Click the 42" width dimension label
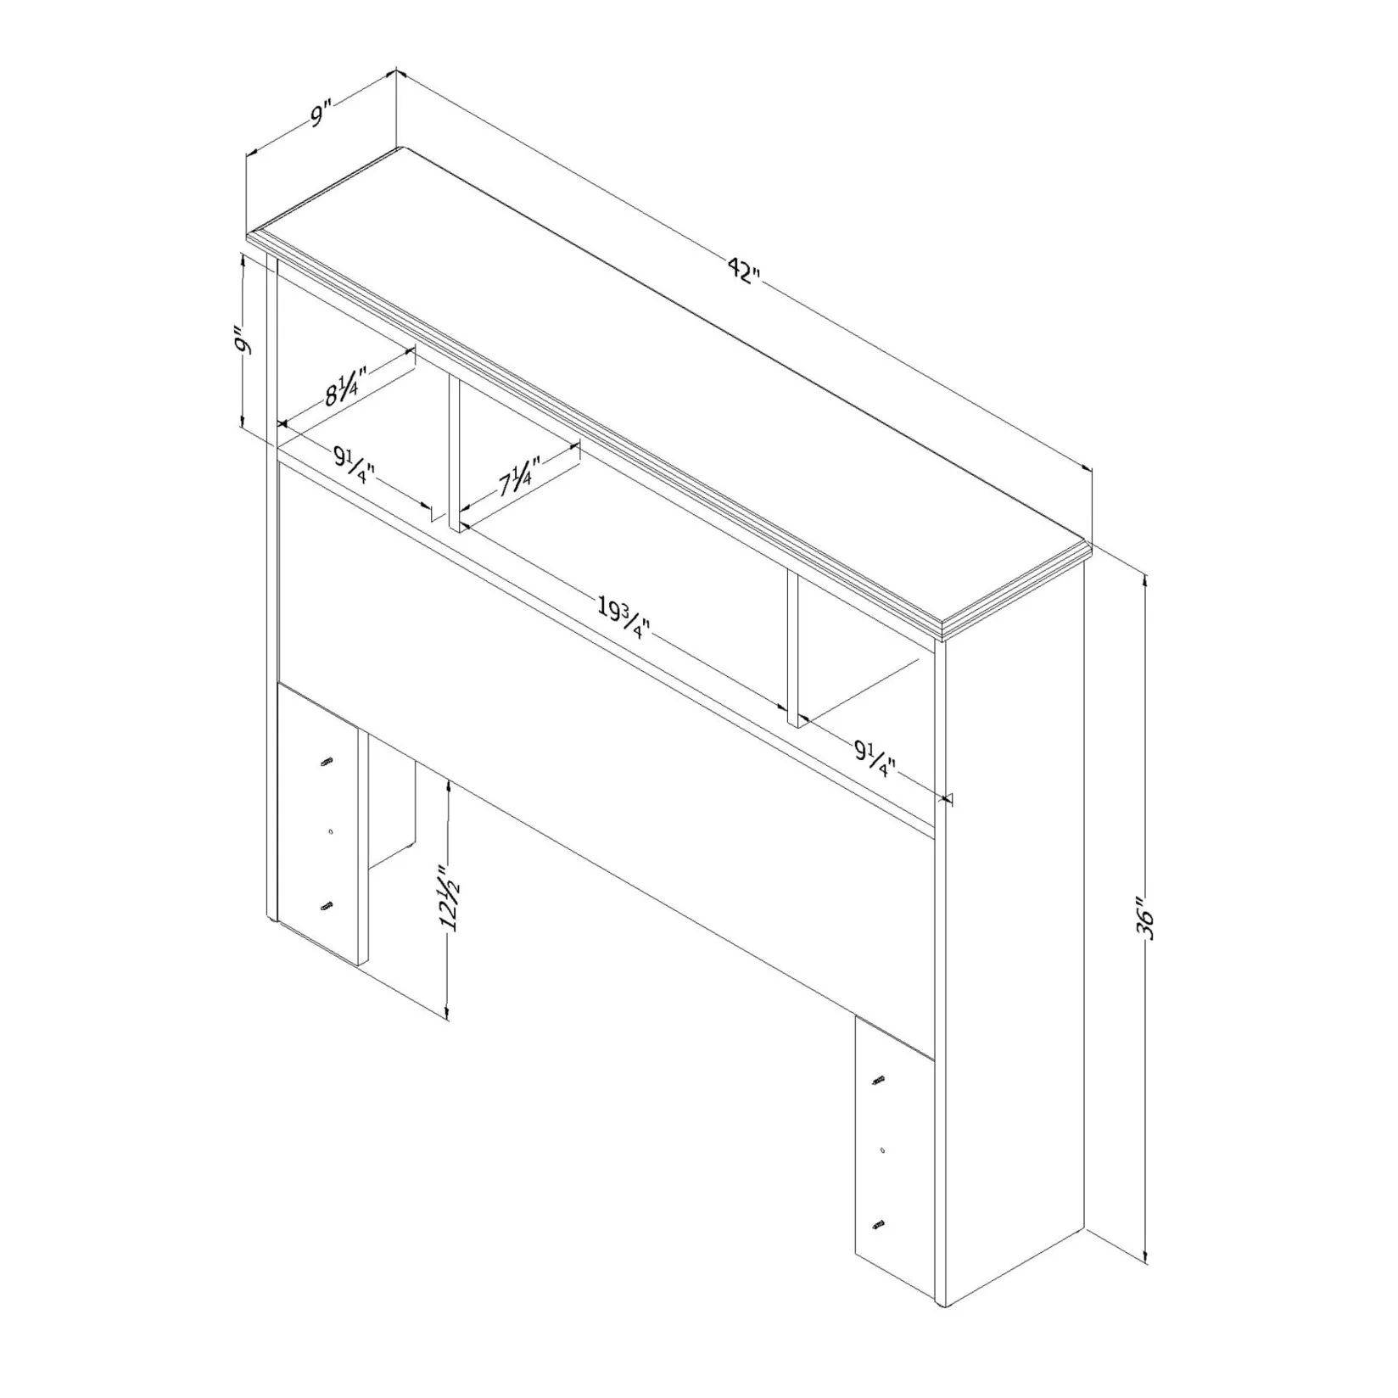point(744,271)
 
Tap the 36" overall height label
point(1148,920)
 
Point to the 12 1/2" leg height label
point(449,900)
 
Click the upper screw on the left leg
point(327,763)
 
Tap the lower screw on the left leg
point(327,907)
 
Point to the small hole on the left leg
point(330,832)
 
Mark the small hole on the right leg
point(883,1150)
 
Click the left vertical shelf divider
point(454,455)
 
